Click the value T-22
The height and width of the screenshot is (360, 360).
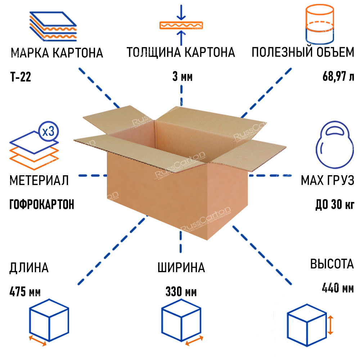[21, 77]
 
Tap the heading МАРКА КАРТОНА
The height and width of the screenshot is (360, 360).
[57, 53]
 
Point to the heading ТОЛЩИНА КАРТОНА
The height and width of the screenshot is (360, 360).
[181, 53]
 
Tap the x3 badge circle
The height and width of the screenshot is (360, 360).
[48, 131]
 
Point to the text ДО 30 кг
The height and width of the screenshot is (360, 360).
[334, 204]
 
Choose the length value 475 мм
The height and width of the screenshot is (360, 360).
[25, 292]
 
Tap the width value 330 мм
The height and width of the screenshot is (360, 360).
[181, 292]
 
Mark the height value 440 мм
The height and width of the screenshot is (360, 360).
[337, 288]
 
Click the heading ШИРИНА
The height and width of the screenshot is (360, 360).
[181, 267]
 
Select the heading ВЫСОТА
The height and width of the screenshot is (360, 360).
[332, 264]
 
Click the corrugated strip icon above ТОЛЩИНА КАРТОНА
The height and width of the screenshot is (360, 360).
[181, 25]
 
